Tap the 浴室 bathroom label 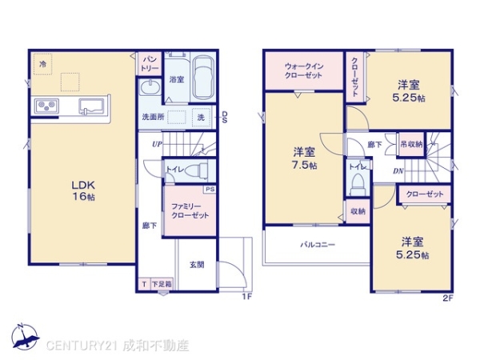pos(176,80)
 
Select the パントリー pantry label pos(150,63)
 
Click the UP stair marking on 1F pos(158,144)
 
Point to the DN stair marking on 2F pos(398,170)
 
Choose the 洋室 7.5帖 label pos(303,158)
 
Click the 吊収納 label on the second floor pos(412,144)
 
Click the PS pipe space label pos(210,190)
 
